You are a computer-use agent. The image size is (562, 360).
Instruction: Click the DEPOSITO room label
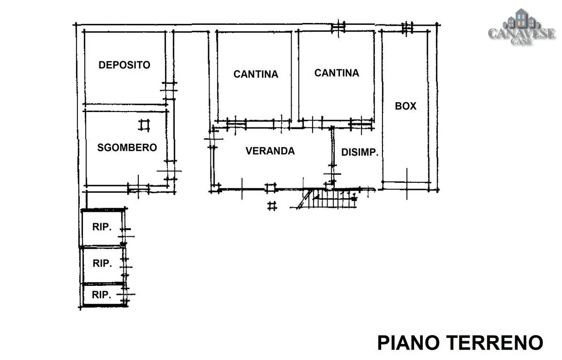[x=124, y=65]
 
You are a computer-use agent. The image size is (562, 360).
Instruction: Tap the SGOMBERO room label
[x=127, y=147]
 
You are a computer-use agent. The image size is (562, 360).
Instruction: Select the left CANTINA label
[x=255, y=74]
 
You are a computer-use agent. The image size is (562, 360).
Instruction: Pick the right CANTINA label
[x=337, y=73]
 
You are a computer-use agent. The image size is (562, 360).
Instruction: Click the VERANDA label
[x=270, y=151]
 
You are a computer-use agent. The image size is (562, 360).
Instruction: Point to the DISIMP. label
[x=360, y=152]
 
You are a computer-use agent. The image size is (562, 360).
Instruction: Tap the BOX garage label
[x=406, y=106]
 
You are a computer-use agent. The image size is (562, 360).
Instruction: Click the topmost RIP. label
[x=102, y=227]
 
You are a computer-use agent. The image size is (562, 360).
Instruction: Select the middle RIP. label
[x=102, y=263]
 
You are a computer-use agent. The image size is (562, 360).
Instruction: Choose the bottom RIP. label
[x=101, y=295]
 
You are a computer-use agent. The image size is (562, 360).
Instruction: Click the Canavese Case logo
[x=522, y=27]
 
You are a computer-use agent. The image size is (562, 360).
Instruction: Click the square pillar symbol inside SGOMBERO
[x=144, y=125]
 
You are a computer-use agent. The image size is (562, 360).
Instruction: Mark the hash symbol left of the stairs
[x=272, y=206]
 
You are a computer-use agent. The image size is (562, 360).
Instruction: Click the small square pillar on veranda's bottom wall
[x=270, y=187]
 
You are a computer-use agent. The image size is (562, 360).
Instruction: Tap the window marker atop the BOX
[x=407, y=27]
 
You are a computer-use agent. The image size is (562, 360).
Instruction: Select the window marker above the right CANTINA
[x=338, y=27]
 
